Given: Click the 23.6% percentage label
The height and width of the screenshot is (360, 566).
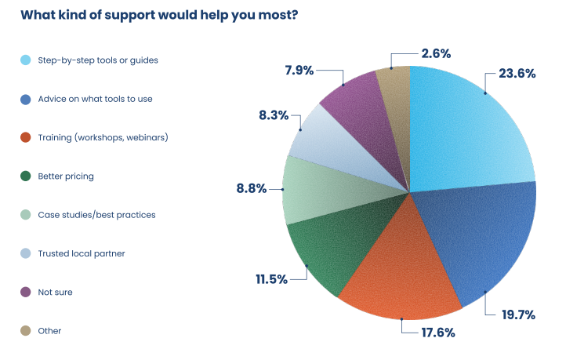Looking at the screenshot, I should [x=517, y=74].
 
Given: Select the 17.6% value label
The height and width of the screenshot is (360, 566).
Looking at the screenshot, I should [x=437, y=332].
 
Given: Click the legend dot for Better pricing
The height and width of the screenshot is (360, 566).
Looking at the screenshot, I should [x=25, y=176].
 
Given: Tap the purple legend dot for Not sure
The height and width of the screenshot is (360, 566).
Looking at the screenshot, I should [x=25, y=292].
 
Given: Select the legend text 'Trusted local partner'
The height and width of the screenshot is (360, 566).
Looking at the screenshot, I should [x=82, y=253].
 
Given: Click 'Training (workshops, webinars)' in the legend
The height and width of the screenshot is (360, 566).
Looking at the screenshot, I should [x=103, y=137].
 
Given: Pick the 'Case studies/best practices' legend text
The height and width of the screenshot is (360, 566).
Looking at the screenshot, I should [x=97, y=214].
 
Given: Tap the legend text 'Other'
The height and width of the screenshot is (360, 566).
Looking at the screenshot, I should [x=49, y=330].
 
